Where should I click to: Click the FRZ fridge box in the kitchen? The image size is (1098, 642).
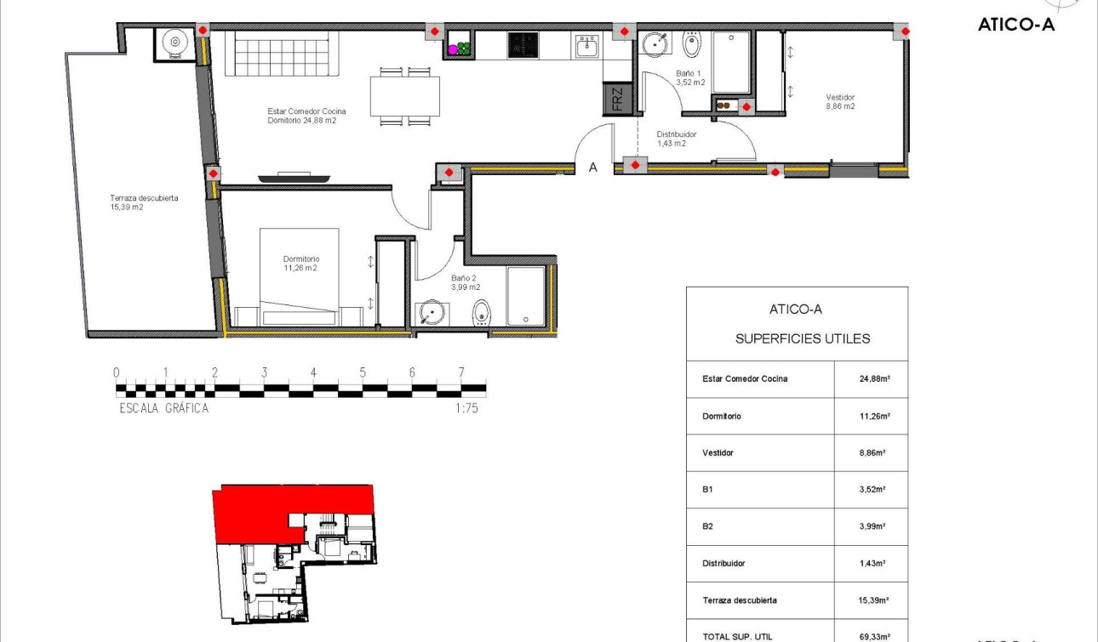point(616,99)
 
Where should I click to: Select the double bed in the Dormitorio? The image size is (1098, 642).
point(299,276)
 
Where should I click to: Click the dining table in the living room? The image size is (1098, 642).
point(405,95)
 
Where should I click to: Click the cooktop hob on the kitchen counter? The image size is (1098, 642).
point(523,45)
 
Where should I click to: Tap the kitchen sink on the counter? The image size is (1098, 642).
point(587,46)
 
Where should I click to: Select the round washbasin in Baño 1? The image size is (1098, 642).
point(655,42)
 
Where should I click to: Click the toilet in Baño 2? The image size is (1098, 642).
point(483,313)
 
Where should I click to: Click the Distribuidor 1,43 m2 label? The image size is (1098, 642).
point(677,139)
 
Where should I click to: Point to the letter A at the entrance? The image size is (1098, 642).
point(593,168)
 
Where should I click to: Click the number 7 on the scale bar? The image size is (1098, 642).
point(460,372)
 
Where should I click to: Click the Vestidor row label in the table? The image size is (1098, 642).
point(718,453)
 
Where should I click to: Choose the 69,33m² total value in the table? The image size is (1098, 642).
point(874,635)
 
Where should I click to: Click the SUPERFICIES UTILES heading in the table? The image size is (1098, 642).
point(802,338)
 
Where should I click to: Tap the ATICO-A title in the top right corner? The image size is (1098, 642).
point(1016,25)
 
